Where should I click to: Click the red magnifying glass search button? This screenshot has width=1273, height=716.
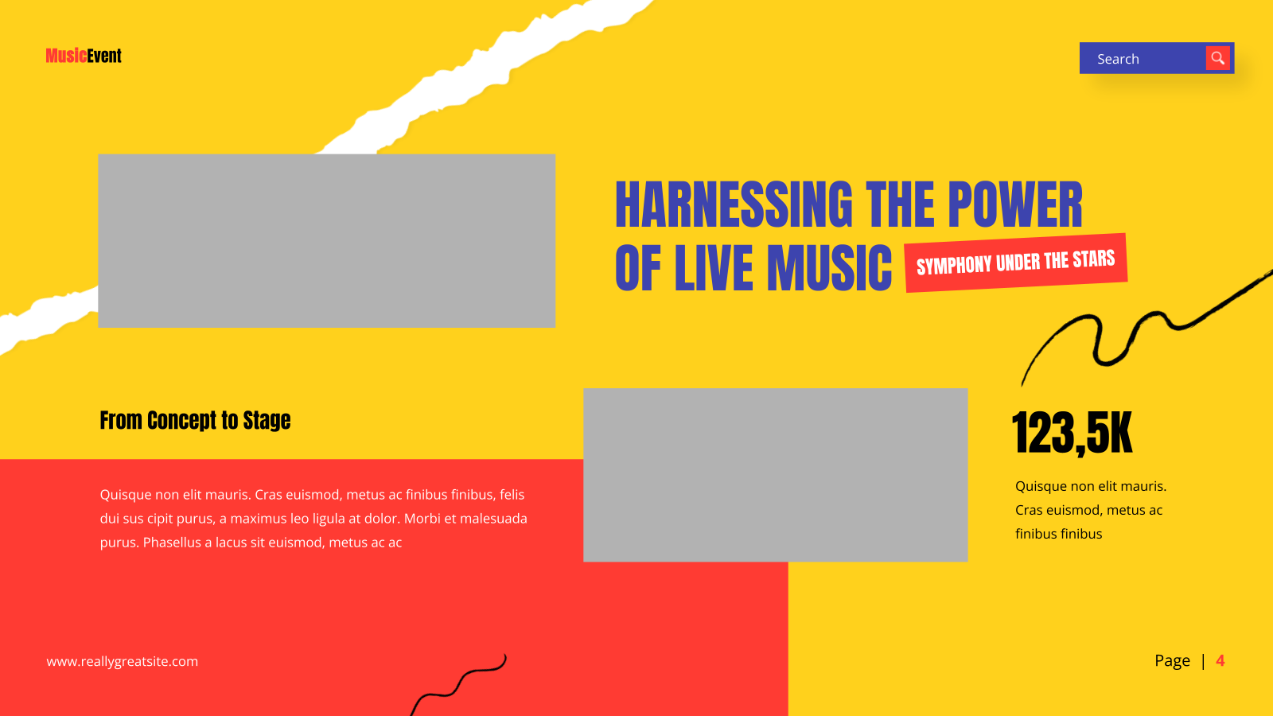pyautogui.click(x=1217, y=58)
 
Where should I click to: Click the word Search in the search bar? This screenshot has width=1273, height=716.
pyautogui.click(x=1118, y=59)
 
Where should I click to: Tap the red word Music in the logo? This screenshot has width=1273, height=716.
pyautogui.click(x=67, y=56)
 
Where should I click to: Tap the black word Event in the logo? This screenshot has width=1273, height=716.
pyautogui.click(x=104, y=56)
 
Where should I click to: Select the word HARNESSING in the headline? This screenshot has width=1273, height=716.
pyautogui.click(x=734, y=204)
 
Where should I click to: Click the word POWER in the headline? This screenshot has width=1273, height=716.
pyautogui.click(x=1015, y=204)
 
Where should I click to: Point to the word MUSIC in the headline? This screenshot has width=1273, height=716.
pyautogui.click(x=829, y=267)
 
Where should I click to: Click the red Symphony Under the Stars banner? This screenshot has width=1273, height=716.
pyautogui.click(x=1015, y=263)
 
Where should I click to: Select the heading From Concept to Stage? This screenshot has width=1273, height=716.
pyautogui.click(x=195, y=421)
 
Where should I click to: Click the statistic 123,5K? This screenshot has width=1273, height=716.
pyautogui.click(x=1072, y=433)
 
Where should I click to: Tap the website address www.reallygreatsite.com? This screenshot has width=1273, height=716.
pyautogui.click(x=123, y=661)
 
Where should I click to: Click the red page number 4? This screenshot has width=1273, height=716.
pyautogui.click(x=1220, y=660)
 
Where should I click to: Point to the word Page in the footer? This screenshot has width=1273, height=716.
pyautogui.click(x=1172, y=661)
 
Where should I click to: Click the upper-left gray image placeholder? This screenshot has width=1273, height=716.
pyautogui.click(x=327, y=241)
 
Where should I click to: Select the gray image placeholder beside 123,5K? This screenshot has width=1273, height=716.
pyautogui.click(x=775, y=475)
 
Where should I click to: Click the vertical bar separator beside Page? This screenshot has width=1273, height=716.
pyautogui.click(x=1203, y=661)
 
